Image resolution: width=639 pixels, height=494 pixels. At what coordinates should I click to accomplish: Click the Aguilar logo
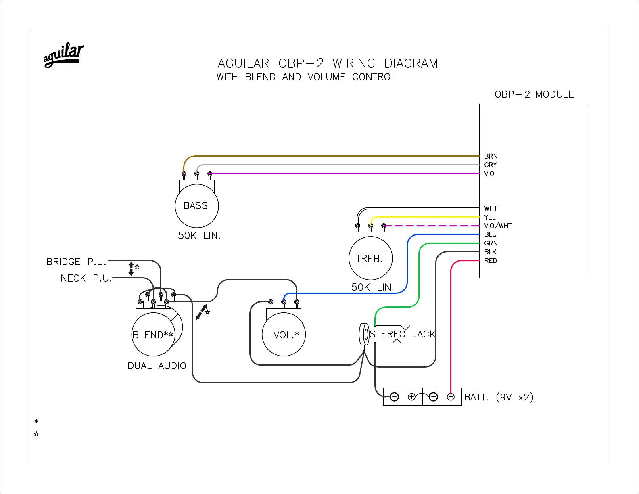click(x=63, y=55)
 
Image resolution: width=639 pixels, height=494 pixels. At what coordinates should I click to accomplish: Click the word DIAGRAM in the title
click(x=411, y=63)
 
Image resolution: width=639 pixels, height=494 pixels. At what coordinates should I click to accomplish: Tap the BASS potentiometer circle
click(x=196, y=206)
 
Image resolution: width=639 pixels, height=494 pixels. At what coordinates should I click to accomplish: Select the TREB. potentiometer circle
click(x=370, y=258)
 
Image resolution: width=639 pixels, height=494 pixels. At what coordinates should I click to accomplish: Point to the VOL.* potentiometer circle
click(x=284, y=335)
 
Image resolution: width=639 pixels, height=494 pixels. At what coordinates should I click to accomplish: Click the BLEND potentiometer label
click(x=153, y=335)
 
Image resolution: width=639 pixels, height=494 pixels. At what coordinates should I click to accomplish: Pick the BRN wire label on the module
click(x=491, y=156)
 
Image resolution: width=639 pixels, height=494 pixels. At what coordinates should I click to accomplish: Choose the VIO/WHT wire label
click(x=498, y=226)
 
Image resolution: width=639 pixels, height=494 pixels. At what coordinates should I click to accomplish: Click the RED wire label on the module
click(x=491, y=260)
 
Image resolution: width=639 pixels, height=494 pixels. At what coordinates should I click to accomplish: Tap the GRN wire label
click(x=491, y=243)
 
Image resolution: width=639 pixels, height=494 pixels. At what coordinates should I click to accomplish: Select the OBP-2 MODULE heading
click(x=534, y=94)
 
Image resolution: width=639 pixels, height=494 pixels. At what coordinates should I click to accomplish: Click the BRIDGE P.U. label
click(x=76, y=262)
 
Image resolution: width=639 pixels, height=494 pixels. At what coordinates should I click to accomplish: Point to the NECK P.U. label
click(x=86, y=278)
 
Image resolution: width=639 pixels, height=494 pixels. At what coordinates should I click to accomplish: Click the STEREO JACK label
click(x=403, y=334)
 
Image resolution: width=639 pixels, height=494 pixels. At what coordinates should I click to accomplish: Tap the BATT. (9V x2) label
click(x=499, y=397)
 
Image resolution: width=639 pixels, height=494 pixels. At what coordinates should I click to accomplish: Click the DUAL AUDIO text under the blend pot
click(x=157, y=366)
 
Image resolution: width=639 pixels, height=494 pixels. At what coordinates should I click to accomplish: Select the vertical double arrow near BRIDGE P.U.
click(x=131, y=268)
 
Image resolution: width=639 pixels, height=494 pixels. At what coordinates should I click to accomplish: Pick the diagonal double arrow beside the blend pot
click(x=201, y=312)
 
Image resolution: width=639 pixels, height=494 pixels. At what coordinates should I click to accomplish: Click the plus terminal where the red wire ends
click(x=451, y=397)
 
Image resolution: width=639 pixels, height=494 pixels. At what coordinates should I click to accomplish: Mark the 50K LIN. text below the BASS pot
click(x=199, y=235)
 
